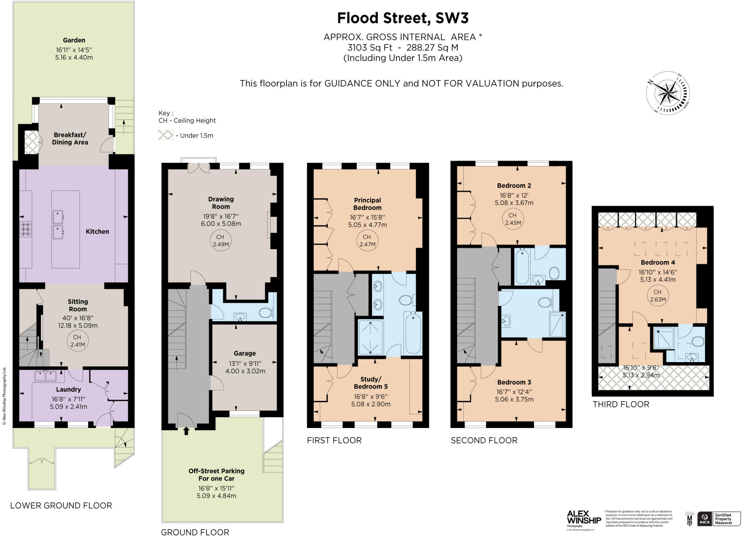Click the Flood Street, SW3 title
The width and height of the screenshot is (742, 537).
coord(403,18)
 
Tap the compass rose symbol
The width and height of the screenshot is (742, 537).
coord(667,93)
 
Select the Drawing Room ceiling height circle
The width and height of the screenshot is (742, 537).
coord(221,240)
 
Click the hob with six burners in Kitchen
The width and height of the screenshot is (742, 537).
coord(26,229)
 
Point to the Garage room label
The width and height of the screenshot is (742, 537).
coord(245,353)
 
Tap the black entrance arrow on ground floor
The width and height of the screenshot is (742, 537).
coord(186,431)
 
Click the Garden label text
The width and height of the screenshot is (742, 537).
coord(74,40)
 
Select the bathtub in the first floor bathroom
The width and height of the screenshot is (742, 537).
coord(413,333)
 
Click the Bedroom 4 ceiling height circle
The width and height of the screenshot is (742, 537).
coord(658,295)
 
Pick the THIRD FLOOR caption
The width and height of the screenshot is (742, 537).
coord(621,404)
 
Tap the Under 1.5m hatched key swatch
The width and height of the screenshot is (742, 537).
coord(166,135)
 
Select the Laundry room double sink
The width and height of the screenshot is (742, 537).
coord(46,376)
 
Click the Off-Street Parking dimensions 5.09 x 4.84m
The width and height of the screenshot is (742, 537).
coord(216,496)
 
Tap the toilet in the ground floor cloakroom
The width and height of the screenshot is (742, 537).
coord(266,312)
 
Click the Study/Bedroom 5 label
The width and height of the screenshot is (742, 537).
coord(371,383)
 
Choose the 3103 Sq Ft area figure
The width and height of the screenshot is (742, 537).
coord(370,47)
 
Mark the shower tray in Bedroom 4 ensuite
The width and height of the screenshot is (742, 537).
coord(664,338)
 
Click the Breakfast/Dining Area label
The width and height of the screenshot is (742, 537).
coord(70,138)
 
